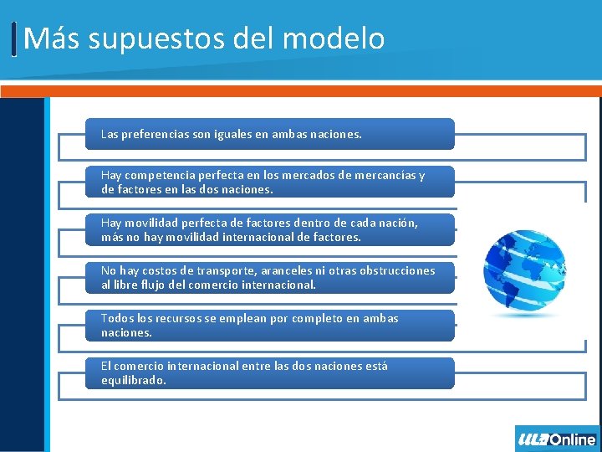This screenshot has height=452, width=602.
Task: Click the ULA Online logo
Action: click(x=557, y=439)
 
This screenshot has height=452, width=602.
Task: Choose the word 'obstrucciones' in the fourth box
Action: click(x=394, y=271)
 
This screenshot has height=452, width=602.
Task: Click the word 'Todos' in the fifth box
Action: click(x=116, y=319)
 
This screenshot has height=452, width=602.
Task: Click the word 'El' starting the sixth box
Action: click(x=105, y=367)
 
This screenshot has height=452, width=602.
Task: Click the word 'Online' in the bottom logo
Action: click(x=574, y=439)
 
